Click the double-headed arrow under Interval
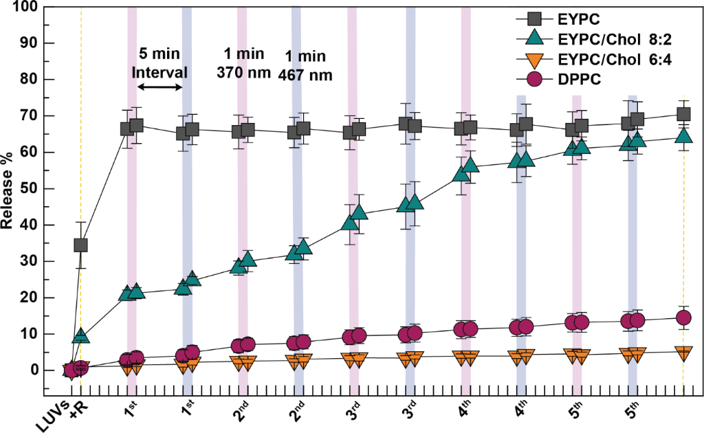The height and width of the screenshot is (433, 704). [159, 87]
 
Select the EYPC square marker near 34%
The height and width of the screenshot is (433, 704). [81, 245]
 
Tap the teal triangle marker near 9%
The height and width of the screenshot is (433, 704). [81, 336]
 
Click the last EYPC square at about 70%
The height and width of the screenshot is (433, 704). [683, 114]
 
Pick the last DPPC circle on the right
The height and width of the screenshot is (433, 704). [683, 318]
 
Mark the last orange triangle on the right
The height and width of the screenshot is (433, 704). [683, 353]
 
